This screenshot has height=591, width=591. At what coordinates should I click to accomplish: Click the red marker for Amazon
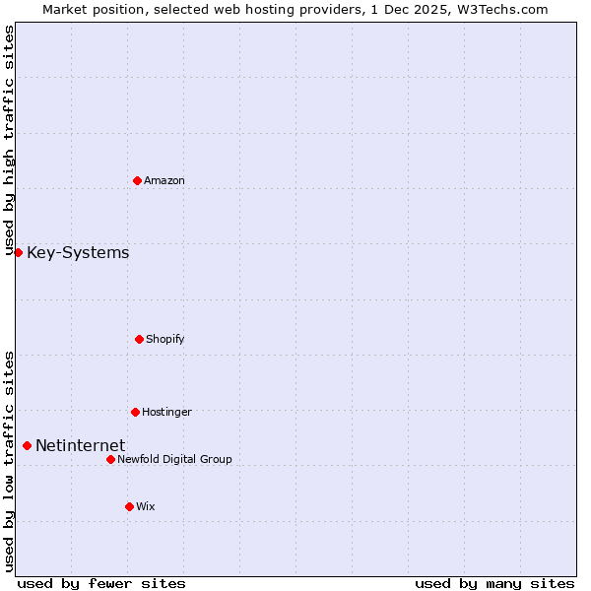click(x=137, y=180)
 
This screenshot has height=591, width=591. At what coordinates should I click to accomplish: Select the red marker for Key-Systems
click(x=18, y=253)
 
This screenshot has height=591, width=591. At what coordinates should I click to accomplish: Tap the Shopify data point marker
click(x=139, y=339)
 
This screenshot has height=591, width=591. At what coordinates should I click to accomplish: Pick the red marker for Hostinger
click(x=135, y=412)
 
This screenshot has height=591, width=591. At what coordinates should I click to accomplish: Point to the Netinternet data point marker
click(x=27, y=446)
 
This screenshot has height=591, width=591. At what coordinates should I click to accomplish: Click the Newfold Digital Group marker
click(x=110, y=459)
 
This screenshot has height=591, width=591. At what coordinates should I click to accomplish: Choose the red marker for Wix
click(x=129, y=506)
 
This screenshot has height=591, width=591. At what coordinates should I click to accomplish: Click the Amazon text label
click(x=164, y=180)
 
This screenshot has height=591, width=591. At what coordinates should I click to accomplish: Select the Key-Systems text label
click(x=78, y=253)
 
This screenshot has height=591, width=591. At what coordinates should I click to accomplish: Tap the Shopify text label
click(x=165, y=339)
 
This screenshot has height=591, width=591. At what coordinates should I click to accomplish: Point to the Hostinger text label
click(x=166, y=412)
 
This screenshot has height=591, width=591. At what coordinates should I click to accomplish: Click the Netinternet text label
click(x=80, y=446)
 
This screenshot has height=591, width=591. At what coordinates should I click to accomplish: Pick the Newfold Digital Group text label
click(x=175, y=459)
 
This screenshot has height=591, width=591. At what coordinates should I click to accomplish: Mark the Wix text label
click(x=146, y=506)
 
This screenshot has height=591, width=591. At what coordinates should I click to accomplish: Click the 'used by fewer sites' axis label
click(x=101, y=583)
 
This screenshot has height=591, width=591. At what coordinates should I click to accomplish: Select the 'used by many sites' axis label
click(x=494, y=583)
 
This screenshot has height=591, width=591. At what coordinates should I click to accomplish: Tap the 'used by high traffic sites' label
click(x=9, y=141)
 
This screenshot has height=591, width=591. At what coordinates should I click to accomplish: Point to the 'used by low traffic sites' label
click(x=9, y=461)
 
